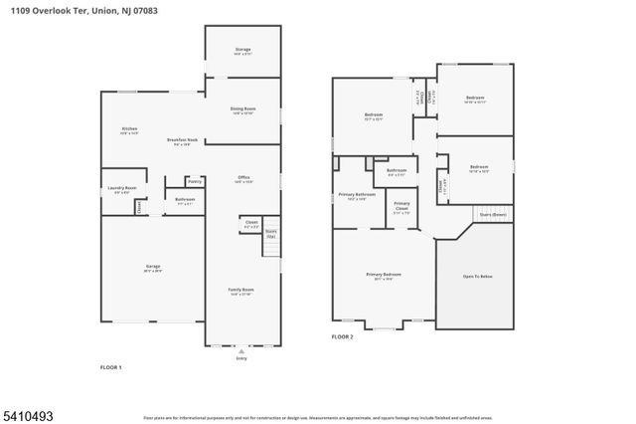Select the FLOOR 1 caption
[111, 368]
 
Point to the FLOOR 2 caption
[342, 338]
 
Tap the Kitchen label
[129, 128]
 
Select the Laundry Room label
[122, 187]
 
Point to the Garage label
[153, 266]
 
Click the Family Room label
[241, 290]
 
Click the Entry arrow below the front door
[241, 352]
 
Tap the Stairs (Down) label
[492, 213]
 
